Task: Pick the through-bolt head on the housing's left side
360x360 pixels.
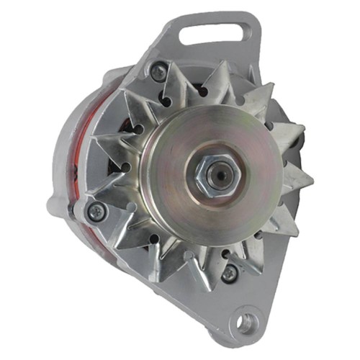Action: tap(94, 210)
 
